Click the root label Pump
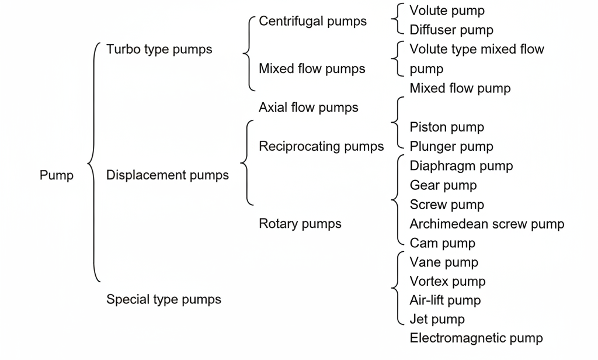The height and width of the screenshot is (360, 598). point(57,175)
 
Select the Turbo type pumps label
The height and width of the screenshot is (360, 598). point(159,49)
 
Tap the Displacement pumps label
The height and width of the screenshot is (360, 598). point(167,175)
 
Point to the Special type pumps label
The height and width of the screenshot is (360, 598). point(164,299)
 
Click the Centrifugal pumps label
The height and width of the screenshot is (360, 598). point(312,21)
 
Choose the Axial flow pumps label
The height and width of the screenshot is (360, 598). point(308,108)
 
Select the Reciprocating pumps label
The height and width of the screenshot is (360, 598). point(321,146)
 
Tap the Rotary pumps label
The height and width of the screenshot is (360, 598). point(300,223)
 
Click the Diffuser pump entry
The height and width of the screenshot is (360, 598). point(451,30)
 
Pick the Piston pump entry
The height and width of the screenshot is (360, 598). point(447,127)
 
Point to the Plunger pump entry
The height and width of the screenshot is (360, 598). point(451,146)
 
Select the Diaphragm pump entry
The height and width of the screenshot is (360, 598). point(461,165)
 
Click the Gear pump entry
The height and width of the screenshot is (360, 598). point(443,185)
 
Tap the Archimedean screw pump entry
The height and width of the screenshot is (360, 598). point(486,224)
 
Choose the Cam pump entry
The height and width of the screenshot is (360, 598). point(442,243)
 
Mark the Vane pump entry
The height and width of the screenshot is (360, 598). point(443,262)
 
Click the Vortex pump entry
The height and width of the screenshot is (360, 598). point(447,281)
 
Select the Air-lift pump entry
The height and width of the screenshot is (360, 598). point(445,300)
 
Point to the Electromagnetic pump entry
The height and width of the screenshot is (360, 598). point(476,338)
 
